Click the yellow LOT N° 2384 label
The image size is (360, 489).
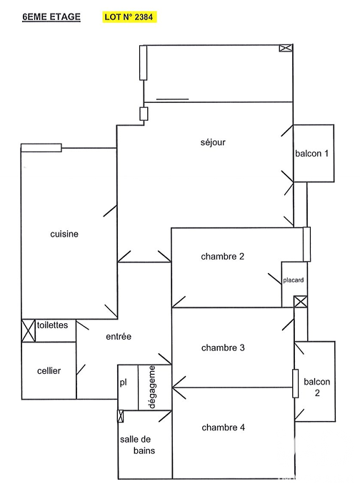129,17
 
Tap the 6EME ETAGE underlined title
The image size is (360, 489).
51,17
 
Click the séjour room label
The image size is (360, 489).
213,142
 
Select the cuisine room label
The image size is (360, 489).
64,234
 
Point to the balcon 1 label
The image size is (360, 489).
311,154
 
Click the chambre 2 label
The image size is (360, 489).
223,257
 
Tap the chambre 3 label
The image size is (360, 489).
223,347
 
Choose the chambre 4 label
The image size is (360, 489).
223,428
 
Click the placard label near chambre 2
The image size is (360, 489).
294,280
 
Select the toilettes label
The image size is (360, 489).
52,325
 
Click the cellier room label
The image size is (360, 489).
49,371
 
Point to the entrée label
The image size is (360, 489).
119,337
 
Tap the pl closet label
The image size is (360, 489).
123,382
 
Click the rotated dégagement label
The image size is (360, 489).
152,387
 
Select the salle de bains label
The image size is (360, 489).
137,445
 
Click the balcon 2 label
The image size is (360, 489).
316,387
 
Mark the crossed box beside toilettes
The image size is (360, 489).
29,330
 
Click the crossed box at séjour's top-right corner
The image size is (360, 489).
286,48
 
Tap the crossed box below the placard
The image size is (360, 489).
301,302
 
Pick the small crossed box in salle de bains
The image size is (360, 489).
121,416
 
